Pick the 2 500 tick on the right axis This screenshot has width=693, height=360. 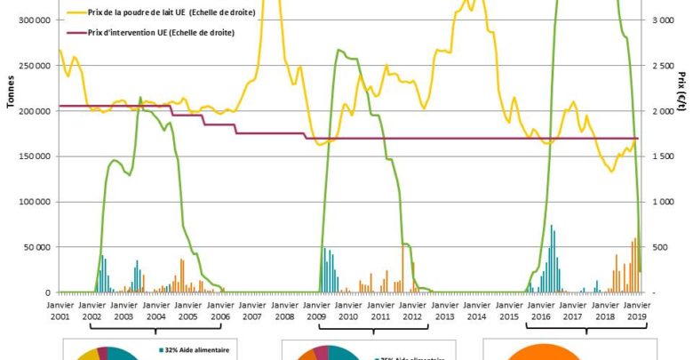pyautogui.click(x=662, y=66)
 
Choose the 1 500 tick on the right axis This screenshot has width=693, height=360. pyautogui.click(x=662, y=156)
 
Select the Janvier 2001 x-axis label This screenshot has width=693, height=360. pyautogui.click(x=59, y=309)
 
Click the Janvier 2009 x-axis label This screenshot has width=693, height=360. pyautogui.click(x=316, y=309)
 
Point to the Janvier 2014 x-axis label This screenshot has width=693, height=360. pyautogui.click(x=477, y=309)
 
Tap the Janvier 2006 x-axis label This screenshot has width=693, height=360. pyautogui.click(x=219, y=309)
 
